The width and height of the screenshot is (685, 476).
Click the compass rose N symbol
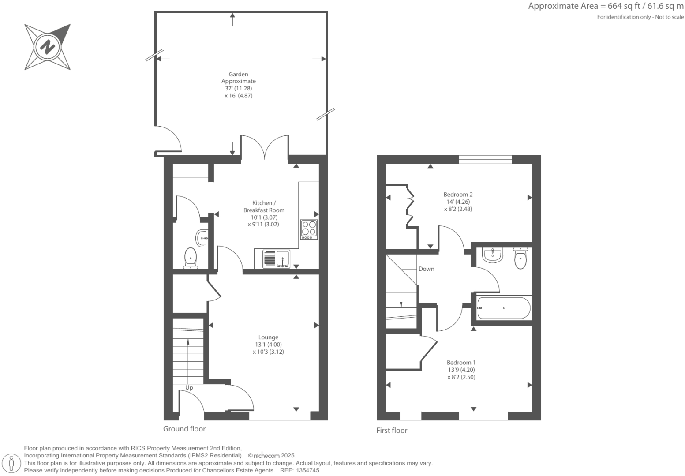click(x=47, y=47)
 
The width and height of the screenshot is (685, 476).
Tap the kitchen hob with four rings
click(x=309, y=229)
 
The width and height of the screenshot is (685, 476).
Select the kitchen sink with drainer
click(x=276, y=259)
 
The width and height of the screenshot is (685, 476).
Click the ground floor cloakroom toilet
click(x=191, y=258)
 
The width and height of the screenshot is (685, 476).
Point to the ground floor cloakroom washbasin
click(x=202, y=238)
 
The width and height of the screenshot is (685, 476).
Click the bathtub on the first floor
click(x=504, y=308)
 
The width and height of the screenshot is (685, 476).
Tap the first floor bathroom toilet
click(x=520, y=259)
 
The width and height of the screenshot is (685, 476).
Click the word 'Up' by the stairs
click(x=189, y=388)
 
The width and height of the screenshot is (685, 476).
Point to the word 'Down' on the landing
click(x=426, y=269)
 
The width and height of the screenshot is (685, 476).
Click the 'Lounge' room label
click(x=268, y=337)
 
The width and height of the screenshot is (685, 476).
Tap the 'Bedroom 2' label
click(x=458, y=195)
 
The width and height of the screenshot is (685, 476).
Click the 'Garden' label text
click(x=238, y=75)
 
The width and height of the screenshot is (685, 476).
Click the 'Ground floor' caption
click(x=184, y=429)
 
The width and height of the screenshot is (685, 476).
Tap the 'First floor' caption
click(x=392, y=431)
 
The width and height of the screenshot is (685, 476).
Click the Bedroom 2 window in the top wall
click(x=485, y=160)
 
